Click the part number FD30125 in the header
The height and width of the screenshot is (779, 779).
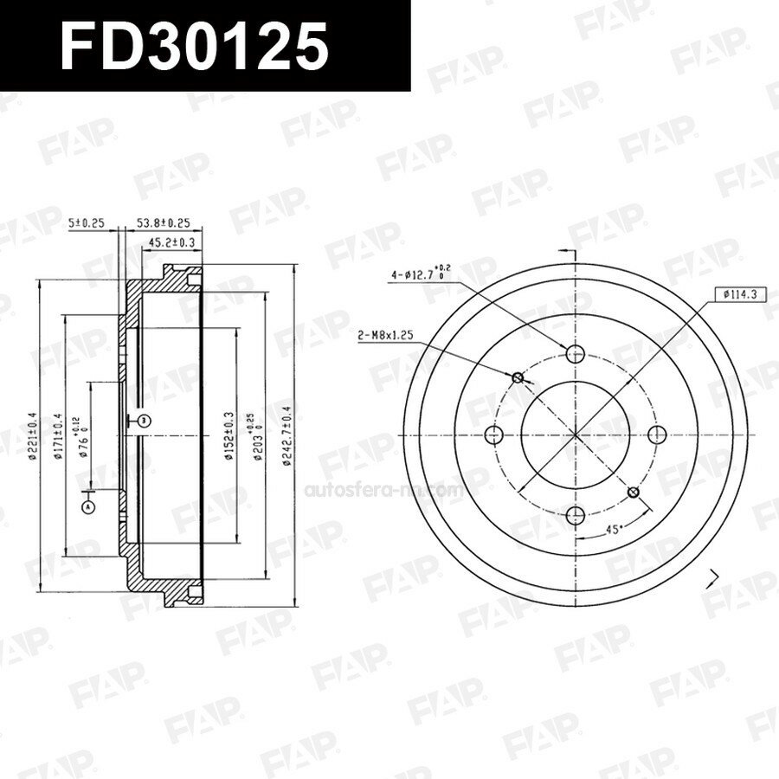[194, 45]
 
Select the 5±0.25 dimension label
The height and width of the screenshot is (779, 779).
[87, 223]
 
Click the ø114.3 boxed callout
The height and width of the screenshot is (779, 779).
[737, 294]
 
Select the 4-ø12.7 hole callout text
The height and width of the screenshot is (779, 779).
[421, 274]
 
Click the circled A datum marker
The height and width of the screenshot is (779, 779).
[87, 507]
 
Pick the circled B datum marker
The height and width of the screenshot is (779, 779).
[144, 421]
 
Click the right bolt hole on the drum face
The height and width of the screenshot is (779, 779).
[656, 434]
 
